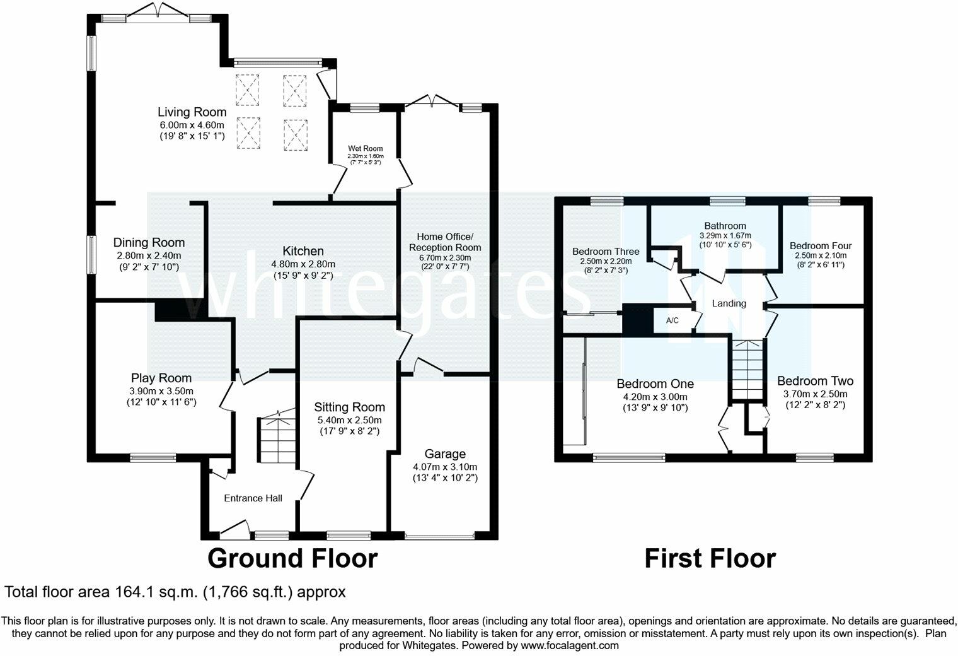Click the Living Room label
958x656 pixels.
tap(192, 112)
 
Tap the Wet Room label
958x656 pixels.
tap(366, 148)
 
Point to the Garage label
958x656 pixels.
tap(445, 454)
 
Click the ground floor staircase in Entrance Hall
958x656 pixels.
tap(276, 439)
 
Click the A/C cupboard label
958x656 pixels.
tap(672, 320)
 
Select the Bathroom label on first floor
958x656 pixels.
tap(725, 226)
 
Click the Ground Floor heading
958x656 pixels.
tap(292, 559)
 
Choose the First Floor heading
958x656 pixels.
tap(710, 559)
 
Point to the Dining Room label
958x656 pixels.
tap(149, 242)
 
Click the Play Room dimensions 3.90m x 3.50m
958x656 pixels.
tap(161, 390)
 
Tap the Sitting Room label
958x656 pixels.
tap(349, 407)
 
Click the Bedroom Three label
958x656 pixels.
tap(606, 251)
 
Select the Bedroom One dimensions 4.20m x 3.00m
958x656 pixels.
tap(655, 397)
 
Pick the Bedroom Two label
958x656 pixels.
tap(815, 381)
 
